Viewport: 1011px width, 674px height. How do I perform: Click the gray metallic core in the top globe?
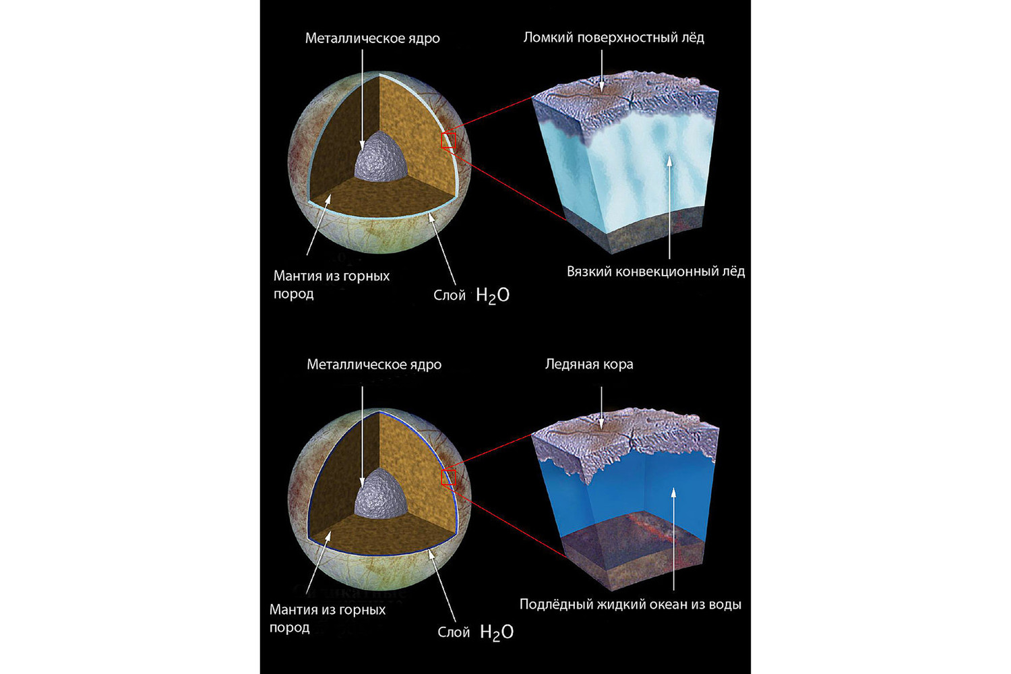coord(381,158)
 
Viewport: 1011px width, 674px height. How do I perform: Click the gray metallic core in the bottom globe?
coord(381,494)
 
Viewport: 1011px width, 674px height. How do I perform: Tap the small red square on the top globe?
coord(449,140)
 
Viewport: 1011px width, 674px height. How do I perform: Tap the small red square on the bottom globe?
coord(449,477)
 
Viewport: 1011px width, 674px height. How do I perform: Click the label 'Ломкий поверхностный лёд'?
coord(614,38)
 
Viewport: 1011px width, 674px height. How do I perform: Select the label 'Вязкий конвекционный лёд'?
coord(656,272)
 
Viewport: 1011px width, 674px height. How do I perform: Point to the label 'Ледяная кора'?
coord(589,365)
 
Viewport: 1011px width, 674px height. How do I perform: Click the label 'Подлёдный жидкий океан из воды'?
coord(630,604)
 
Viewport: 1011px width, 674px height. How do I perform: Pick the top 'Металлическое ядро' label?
coord(372,38)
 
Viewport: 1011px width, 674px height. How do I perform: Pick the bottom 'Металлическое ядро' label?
coord(374,365)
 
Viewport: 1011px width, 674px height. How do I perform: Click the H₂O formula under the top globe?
coord(493,296)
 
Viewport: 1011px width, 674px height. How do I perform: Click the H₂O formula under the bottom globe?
coord(497,632)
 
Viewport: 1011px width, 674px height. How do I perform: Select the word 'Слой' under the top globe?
coord(449,296)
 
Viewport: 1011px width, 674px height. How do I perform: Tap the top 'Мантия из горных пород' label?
coord(332,285)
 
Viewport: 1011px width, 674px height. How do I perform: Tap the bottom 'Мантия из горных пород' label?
coord(327,619)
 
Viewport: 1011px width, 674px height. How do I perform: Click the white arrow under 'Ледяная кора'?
coord(601,407)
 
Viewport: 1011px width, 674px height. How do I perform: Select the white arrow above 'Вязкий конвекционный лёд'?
coord(669,208)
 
